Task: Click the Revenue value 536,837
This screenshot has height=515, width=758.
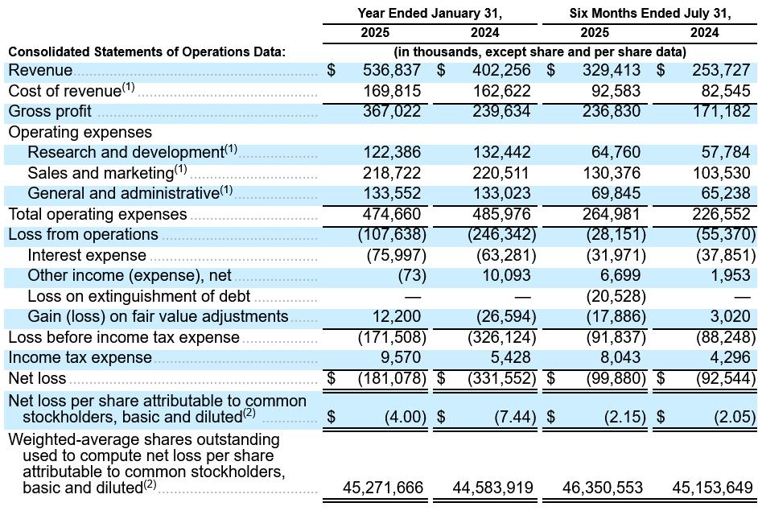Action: [x=392, y=70]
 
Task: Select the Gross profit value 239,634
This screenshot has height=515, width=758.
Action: [x=501, y=111]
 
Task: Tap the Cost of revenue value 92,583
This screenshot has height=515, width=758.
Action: [x=616, y=91]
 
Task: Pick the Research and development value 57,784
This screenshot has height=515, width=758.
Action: [x=726, y=152]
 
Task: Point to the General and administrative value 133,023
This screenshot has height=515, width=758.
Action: [x=501, y=193]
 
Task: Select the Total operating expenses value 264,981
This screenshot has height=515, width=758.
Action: [x=611, y=214]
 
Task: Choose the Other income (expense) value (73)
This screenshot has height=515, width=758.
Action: [x=412, y=276]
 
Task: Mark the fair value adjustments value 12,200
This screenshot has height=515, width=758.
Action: [x=397, y=316]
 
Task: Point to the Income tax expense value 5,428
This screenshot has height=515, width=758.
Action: [x=508, y=357]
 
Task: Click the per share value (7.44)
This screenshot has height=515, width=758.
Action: [x=515, y=417]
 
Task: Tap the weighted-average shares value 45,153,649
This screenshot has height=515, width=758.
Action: [x=712, y=488]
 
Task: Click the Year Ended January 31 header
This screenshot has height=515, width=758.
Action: [x=430, y=13]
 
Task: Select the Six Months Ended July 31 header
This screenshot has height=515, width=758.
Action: [x=650, y=13]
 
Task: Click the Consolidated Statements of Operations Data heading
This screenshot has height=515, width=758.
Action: [x=147, y=51]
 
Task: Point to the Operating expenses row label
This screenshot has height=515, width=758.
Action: [x=80, y=132]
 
